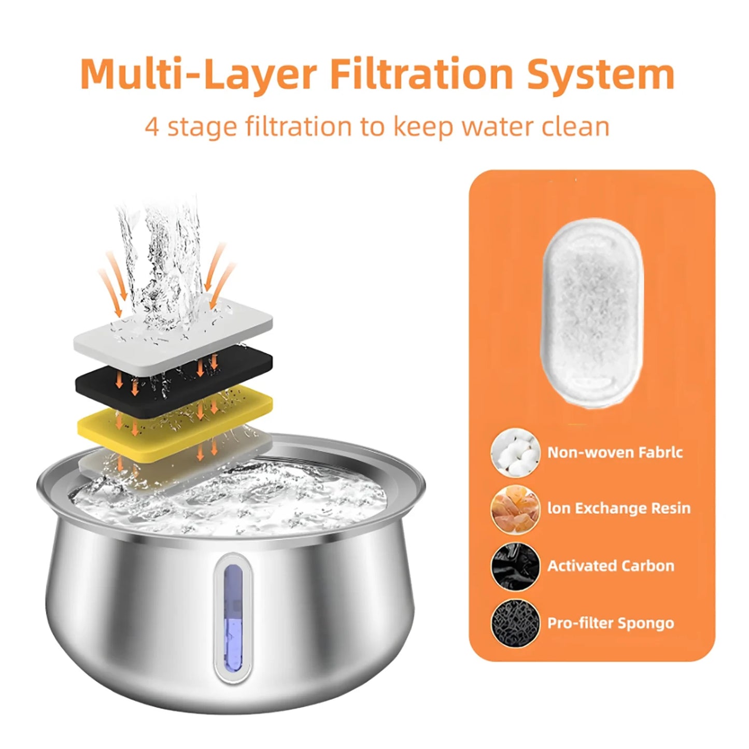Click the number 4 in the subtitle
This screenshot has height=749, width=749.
151,127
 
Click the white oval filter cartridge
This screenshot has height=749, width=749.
592,313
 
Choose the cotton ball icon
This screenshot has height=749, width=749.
515,453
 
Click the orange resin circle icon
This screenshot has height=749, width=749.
515,509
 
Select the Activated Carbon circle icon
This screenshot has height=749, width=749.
515,566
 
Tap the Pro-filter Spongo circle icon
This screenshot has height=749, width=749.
515,623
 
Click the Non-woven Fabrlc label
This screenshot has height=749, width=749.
615,453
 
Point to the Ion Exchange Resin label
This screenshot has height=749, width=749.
618,508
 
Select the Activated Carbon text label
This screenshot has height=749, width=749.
611,566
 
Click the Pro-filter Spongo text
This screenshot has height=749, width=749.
611,623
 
